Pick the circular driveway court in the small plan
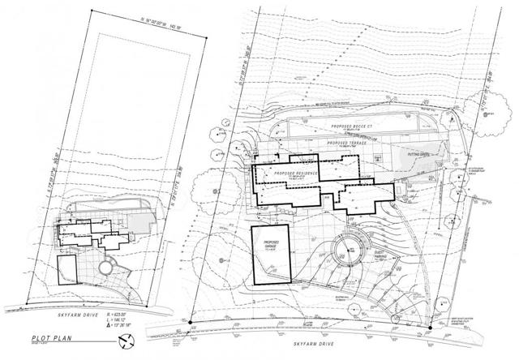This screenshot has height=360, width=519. (105, 268)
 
